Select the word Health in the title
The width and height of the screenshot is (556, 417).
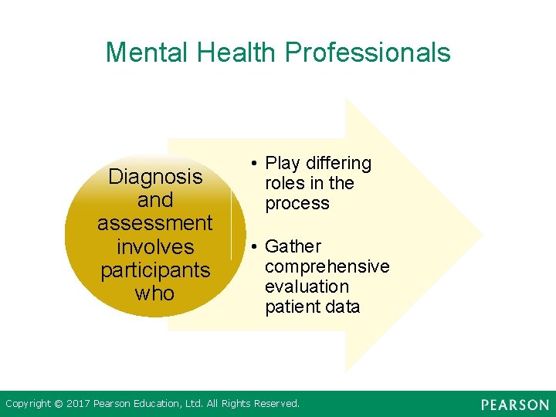[x=237, y=53]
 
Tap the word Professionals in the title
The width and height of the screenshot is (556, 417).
[x=368, y=53]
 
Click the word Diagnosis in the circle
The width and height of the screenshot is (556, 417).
[x=155, y=177]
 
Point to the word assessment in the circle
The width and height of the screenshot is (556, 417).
[x=154, y=223]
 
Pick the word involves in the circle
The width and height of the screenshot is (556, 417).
[x=154, y=247]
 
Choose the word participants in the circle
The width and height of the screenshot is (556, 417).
[x=154, y=270]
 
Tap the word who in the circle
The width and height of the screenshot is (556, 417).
[x=154, y=293]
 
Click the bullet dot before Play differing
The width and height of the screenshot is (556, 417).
[x=253, y=164]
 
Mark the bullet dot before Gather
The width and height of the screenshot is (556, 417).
[x=253, y=246]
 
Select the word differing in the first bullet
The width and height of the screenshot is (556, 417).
[x=338, y=164]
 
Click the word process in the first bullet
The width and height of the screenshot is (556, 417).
[x=297, y=204]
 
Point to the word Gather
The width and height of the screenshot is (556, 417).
[x=293, y=246]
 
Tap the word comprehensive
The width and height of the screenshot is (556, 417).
[x=327, y=266]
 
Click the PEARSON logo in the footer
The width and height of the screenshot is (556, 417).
[x=514, y=405]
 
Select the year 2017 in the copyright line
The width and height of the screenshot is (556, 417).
[x=79, y=403]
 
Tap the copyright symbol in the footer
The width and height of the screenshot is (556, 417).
[x=58, y=403]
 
